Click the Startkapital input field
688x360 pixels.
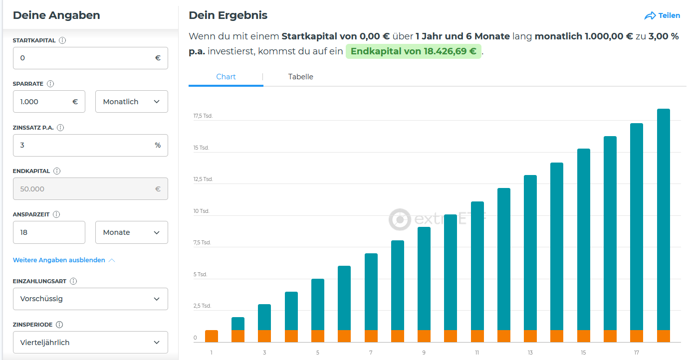point(85,58)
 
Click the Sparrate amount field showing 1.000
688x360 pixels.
point(45,102)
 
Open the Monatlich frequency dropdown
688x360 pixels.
point(131,102)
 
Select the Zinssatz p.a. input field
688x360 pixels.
point(85,145)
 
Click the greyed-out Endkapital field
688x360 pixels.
point(85,189)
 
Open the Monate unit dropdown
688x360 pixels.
point(131,232)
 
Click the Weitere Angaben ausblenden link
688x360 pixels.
point(59,260)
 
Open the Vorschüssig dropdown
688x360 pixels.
point(90,299)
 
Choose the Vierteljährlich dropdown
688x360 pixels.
point(90,343)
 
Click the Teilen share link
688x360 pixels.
point(662,15)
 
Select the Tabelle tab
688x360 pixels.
point(301,77)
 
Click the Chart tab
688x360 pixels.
point(226,77)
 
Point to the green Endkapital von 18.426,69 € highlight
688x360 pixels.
point(413,51)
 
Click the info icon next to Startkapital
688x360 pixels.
point(62,40)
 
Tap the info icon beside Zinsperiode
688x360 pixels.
point(59,325)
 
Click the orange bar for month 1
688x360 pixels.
point(212,336)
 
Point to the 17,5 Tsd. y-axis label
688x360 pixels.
point(203,116)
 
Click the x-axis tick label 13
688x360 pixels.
point(530,353)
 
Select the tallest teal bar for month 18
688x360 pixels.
point(663,219)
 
